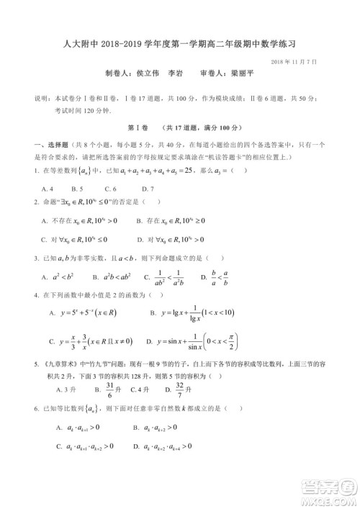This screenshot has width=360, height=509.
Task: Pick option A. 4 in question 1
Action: [48, 188]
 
